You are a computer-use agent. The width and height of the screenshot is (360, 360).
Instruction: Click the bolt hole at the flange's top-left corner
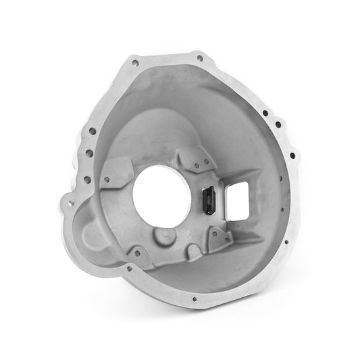pyautogui.click(x=136, y=63)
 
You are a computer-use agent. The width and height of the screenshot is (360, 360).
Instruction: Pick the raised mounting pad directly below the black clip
pyautogui.click(x=218, y=237)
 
